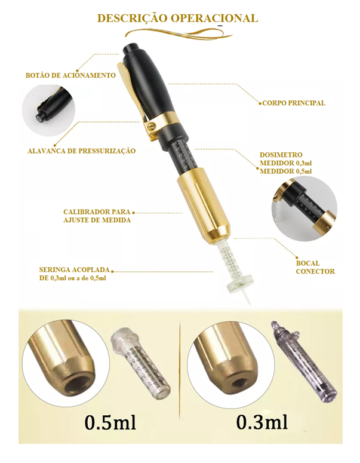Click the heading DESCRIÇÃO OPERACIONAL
pos(178,19)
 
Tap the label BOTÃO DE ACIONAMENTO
pos(70,75)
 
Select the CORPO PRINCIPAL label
pos(294,103)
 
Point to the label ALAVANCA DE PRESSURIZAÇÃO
pos(81,151)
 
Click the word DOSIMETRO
pos(281,155)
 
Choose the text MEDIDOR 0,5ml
pos(285,171)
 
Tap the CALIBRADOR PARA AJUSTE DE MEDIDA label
pos(97,216)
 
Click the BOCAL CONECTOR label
pos(315,267)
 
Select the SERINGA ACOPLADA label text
pos(75,270)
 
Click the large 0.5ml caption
pos(110,422)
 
